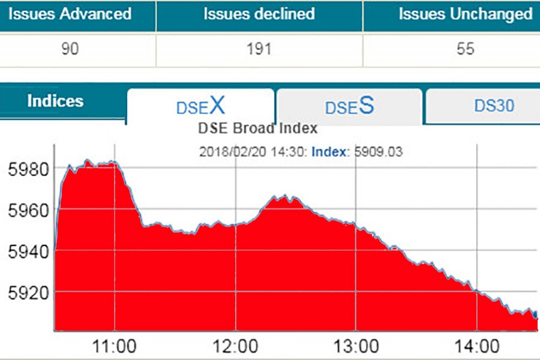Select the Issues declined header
click(x=259, y=14)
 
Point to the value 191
click(x=259, y=49)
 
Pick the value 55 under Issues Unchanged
click(x=465, y=49)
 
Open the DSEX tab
click(x=200, y=106)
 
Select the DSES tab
click(x=349, y=106)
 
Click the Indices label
click(x=55, y=101)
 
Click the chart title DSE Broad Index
click(x=257, y=128)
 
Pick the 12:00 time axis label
click(x=236, y=347)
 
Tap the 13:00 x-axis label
click(x=356, y=347)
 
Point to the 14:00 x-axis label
click(x=477, y=347)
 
